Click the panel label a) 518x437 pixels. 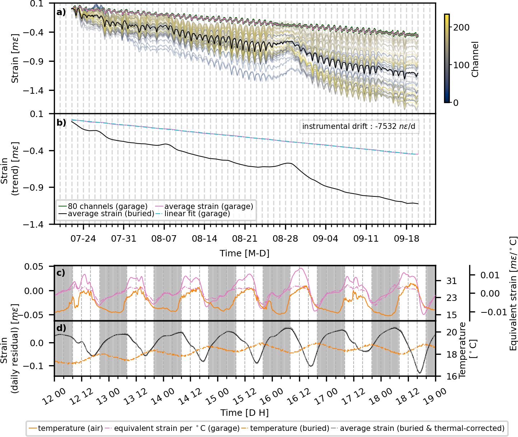click(x=61, y=13)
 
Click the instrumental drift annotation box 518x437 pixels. click(x=359, y=126)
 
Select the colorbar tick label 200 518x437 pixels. click(x=461, y=27)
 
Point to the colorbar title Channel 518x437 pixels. click(x=475, y=59)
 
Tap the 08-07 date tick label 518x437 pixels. click(x=164, y=239)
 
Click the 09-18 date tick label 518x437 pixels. click(x=407, y=239)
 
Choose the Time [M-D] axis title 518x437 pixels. click(x=244, y=253)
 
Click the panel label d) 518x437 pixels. click(x=61, y=328)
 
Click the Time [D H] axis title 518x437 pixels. click(x=244, y=413)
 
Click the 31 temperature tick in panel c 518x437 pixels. click(x=452, y=281)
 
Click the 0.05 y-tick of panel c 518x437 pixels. click(x=38, y=266)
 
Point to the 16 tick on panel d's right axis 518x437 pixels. click(x=452, y=376)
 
